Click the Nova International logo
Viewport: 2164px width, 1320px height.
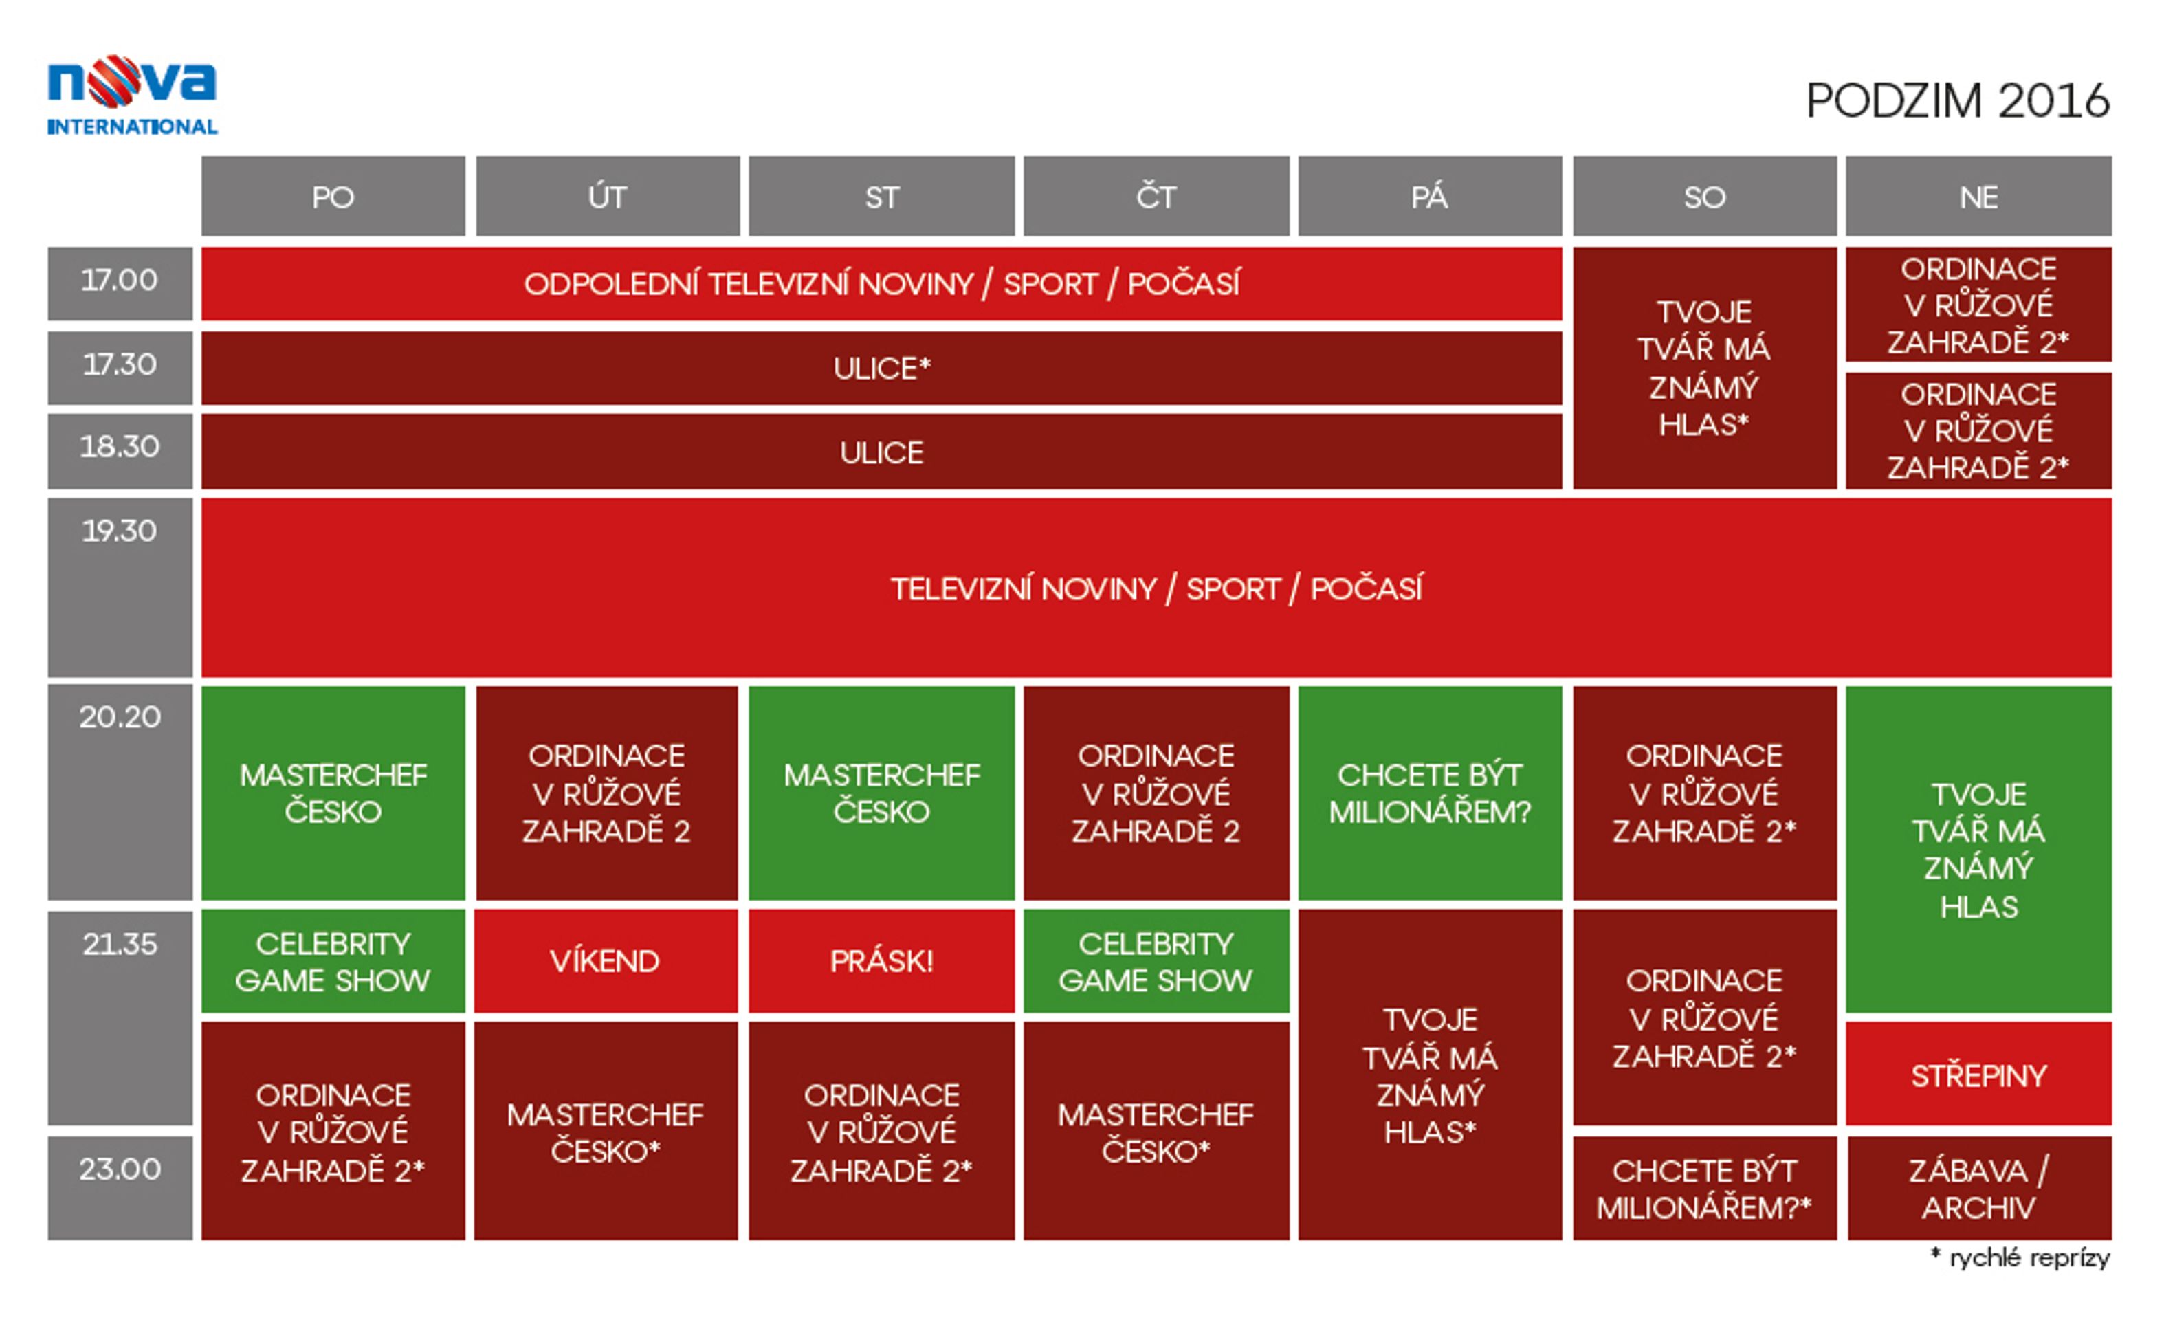pyautogui.click(x=132, y=95)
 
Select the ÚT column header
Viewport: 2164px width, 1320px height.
pyautogui.click(x=607, y=196)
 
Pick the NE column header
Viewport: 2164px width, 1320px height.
pyautogui.click(x=1978, y=196)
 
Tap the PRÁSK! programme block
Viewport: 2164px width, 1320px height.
pyautogui.click(x=882, y=961)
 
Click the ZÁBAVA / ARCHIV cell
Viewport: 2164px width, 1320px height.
pyautogui.click(x=1978, y=1188)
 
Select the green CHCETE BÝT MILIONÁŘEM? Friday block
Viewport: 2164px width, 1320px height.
pyautogui.click(x=1430, y=793)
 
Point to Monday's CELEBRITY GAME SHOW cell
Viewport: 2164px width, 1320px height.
pyautogui.click(x=333, y=961)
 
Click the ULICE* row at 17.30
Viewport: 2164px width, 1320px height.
pyautogui.click(x=882, y=368)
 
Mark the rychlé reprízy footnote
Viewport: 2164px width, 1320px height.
pyautogui.click(x=2020, y=1257)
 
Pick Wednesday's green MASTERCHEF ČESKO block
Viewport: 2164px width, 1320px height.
pyautogui.click(x=882, y=793)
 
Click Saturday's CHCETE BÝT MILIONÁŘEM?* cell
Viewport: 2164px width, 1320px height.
pyautogui.click(x=1705, y=1188)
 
